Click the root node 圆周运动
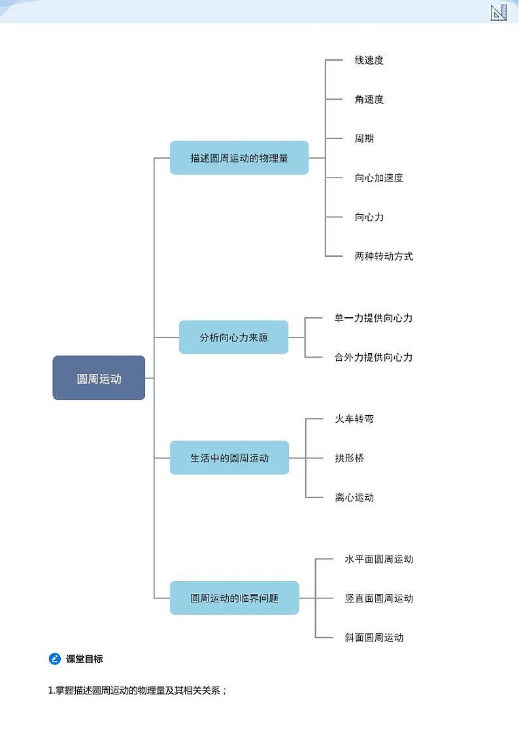pyautogui.click(x=99, y=378)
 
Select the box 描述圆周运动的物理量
pyautogui.click(x=239, y=158)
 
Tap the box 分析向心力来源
pyautogui.click(x=233, y=337)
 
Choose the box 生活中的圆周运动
pyautogui.click(x=229, y=458)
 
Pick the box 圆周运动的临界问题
pyautogui.click(x=234, y=598)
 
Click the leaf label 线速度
pyautogui.click(x=369, y=60)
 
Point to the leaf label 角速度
pyautogui.click(x=369, y=99)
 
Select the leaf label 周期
pyautogui.click(x=364, y=138)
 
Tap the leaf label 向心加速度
pyautogui.click(x=378, y=178)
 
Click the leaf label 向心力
pyautogui.click(x=369, y=217)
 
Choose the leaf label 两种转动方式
pyautogui.click(x=384, y=256)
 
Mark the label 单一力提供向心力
pyautogui.click(x=373, y=318)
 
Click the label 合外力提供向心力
pyautogui.click(x=373, y=357)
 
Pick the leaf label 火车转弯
pyautogui.click(x=354, y=419)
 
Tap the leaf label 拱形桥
pyautogui.click(x=349, y=458)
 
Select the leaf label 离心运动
pyautogui.click(x=354, y=497)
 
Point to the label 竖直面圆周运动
pyautogui.click(x=378, y=598)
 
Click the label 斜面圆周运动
pyautogui.click(x=374, y=637)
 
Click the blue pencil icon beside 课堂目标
pyautogui.click(x=55, y=659)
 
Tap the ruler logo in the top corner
pyautogui.click(x=499, y=12)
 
